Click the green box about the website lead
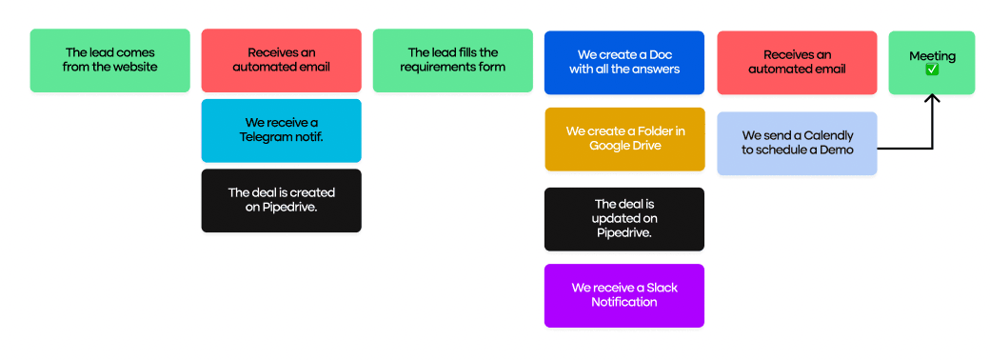(x=109, y=60)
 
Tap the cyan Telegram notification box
(x=281, y=130)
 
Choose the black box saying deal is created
(x=281, y=200)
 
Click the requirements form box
(x=452, y=60)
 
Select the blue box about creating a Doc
(x=624, y=62)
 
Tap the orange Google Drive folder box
(x=624, y=138)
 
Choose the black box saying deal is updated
(x=624, y=219)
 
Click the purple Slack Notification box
(x=624, y=295)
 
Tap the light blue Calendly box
(x=796, y=143)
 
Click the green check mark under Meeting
(x=932, y=70)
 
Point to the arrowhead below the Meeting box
(x=932, y=99)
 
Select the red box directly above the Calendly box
(x=796, y=62)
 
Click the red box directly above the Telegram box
(x=281, y=60)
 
